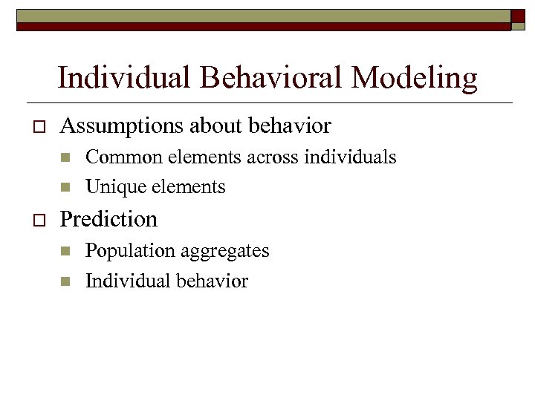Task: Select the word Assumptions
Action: [121, 127]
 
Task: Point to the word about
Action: [218, 126]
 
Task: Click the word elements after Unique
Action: [190, 187]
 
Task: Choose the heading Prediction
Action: [108, 219]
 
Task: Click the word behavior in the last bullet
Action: [210, 281]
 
